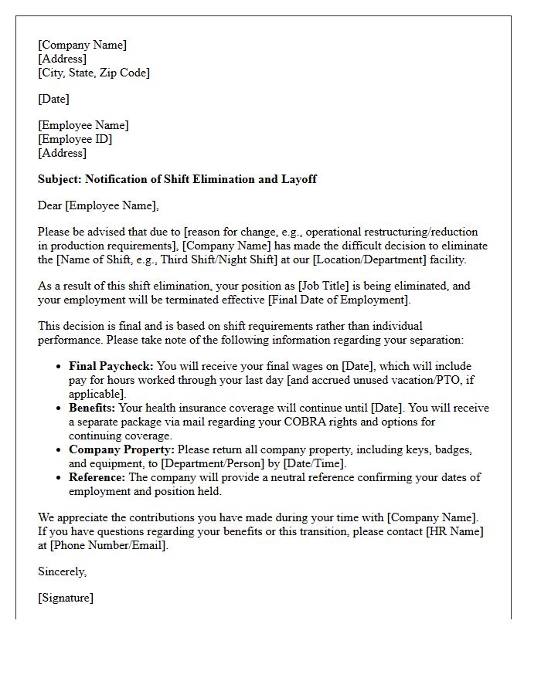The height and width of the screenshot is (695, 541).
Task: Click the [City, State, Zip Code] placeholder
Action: (x=94, y=73)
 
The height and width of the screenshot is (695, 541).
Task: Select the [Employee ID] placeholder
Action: (x=75, y=139)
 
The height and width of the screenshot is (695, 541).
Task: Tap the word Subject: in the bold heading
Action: (x=60, y=179)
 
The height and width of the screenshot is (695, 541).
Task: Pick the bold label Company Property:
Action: (x=122, y=449)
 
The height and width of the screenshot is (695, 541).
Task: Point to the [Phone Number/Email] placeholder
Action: (x=107, y=545)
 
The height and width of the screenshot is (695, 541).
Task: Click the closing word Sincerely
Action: (x=63, y=571)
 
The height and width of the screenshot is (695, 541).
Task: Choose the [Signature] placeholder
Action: (x=66, y=598)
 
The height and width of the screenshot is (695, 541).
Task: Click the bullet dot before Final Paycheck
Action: (x=60, y=367)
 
